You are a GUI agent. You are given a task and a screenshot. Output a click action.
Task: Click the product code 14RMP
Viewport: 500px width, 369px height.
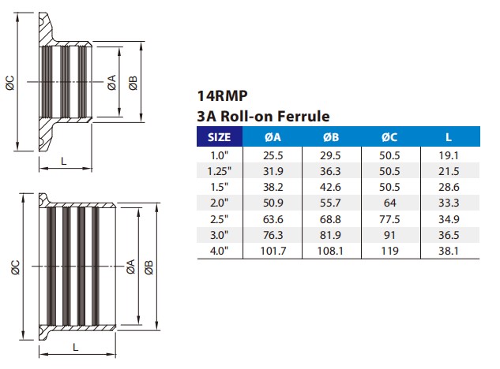tap(219, 97)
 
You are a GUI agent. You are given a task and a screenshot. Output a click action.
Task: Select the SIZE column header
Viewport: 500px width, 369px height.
tap(219, 137)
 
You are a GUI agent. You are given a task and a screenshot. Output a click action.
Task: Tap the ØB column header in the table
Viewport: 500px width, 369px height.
tap(331, 137)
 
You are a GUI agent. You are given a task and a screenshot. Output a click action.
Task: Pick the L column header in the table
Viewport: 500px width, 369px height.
tap(449, 137)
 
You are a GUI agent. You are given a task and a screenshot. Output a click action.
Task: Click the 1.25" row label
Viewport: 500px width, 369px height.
tap(219, 170)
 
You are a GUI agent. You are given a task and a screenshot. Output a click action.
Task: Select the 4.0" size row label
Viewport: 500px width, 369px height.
tap(219, 251)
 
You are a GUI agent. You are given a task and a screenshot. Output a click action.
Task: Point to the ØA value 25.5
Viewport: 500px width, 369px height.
tap(273, 155)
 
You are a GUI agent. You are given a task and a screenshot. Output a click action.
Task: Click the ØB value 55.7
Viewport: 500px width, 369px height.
tap(331, 203)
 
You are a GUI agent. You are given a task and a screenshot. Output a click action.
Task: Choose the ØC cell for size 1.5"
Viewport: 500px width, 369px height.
tap(389, 186)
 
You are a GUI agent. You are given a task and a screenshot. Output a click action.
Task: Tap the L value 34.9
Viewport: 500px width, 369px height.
tap(449, 218)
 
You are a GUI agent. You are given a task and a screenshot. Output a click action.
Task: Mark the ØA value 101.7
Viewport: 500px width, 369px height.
tap(273, 251)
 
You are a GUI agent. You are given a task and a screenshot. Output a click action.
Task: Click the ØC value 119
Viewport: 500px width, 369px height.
tap(389, 251)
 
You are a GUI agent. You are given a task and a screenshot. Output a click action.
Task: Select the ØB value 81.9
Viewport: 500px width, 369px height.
tap(331, 235)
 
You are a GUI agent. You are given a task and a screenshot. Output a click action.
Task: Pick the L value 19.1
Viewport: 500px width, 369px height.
tap(449, 155)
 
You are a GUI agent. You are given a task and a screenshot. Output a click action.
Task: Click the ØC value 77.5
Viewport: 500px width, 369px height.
tap(389, 218)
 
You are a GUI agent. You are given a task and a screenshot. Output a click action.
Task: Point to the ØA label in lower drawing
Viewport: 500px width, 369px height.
tap(131, 269)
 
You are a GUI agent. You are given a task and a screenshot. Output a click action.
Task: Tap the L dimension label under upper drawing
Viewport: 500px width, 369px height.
tap(63, 161)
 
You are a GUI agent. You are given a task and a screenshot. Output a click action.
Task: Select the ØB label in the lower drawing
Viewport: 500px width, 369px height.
tap(149, 269)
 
